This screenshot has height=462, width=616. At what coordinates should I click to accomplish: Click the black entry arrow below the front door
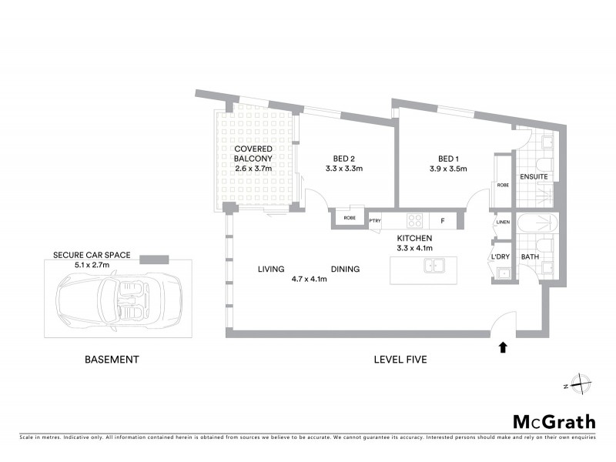(x=503, y=348)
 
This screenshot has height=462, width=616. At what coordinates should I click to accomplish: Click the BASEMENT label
(x=112, y=360)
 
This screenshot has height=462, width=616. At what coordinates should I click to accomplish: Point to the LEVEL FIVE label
(x=400, y=360)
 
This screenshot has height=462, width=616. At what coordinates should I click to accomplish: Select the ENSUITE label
(x=534, y=177)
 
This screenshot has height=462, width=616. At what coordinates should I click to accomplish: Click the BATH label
(x=530, y=257)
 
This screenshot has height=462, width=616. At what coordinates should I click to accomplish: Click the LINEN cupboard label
(x=502, y=223)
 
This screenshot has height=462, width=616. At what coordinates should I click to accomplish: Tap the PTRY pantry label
(x=376, y=221)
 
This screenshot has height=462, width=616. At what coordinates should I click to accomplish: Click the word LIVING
(x=271, y=269)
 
